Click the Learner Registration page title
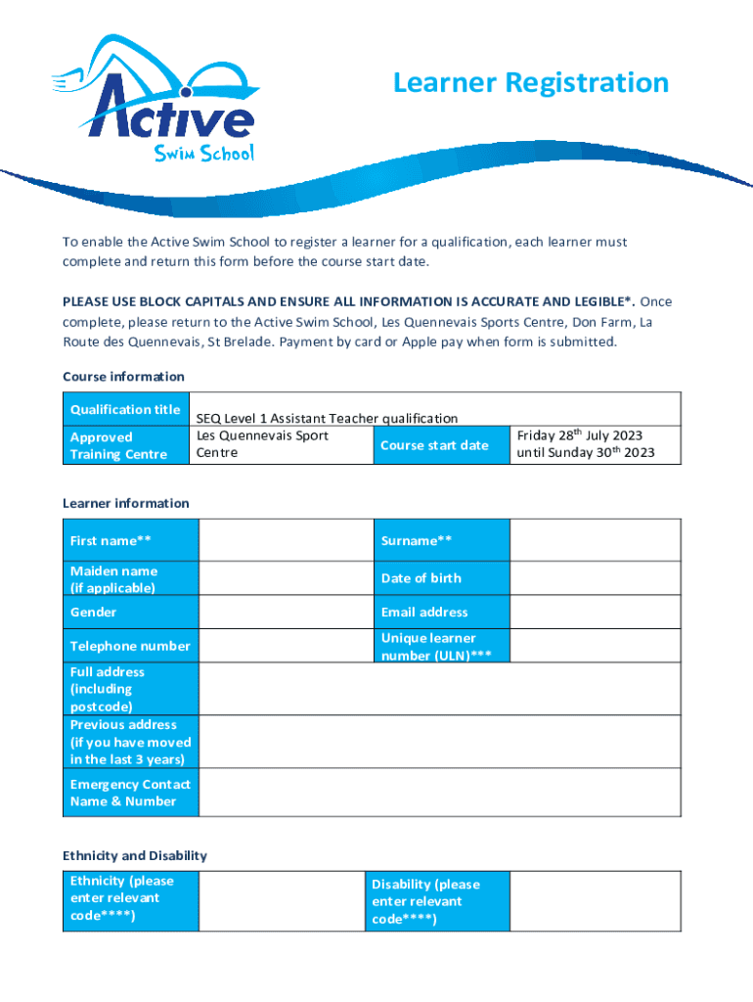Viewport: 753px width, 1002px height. click(x=530, y=83)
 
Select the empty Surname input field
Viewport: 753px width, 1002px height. click(x=595, y=540)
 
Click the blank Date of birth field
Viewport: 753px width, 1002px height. click(x=595, y=578)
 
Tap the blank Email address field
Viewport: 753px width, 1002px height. click(x=595, y=612)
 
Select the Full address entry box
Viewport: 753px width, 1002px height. click(x=439, y=689)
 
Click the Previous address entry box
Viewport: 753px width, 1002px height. click(x=439, y=742)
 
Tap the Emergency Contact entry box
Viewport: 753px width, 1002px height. click(x=439, y=793)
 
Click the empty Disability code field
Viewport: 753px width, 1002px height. click(x=595, y=900)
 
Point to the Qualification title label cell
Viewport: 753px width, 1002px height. click(x=125, y=410)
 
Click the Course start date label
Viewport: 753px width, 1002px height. click(x=434, y=445)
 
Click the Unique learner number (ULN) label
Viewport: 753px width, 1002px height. click(x=436, y=647)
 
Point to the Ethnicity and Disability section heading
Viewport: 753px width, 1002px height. click(x=135, y=855)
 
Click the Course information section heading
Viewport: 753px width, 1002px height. click(x=123, y=376)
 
